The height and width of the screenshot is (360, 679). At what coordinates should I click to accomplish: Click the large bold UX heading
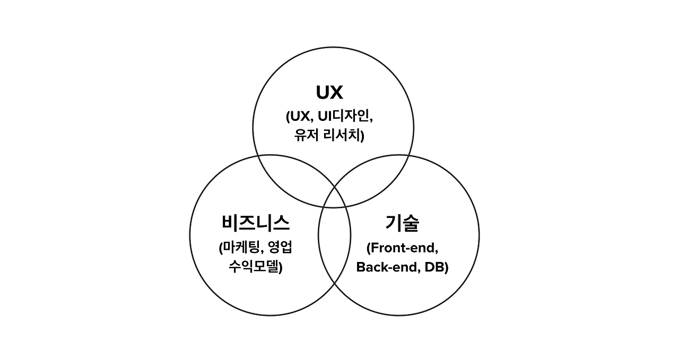pos(329,93)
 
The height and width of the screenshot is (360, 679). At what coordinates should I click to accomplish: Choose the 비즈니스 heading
pos(256,223)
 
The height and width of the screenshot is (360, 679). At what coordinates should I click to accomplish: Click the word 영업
pos(282,248)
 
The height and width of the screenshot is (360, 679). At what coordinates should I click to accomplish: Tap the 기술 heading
pos(402,223)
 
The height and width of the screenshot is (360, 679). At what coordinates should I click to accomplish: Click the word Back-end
pos(388,267)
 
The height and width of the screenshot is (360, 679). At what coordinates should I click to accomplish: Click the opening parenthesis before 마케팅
pos(221,248)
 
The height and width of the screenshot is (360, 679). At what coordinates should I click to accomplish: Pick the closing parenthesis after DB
pos(447,267)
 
